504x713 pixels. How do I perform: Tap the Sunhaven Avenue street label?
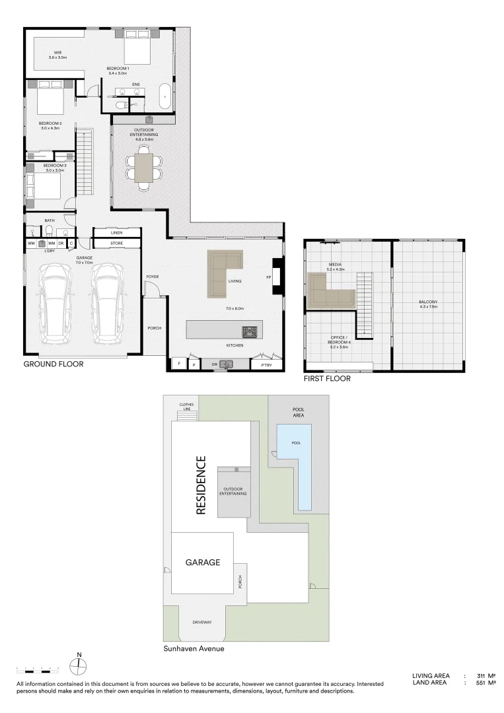[x=194, y=649]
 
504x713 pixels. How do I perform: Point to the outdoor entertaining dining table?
[x=143, y=168]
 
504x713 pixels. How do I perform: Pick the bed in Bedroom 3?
[x=44, y=186]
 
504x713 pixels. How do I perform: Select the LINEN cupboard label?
[x=116, y=232]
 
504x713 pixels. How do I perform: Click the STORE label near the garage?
[x=116, y=244]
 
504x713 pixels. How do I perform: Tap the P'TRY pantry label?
[x=267, y=364]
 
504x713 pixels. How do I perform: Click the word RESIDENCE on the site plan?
[x=201, y=485]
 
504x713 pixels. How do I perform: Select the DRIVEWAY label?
[x=202, y=622]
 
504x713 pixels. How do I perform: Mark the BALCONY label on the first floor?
[x=428, y=302]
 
